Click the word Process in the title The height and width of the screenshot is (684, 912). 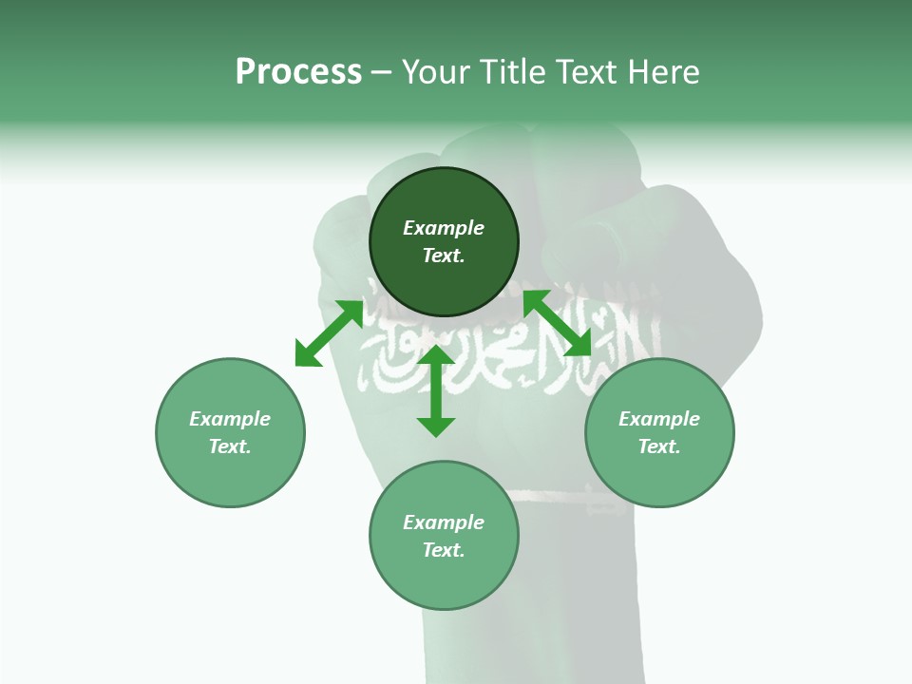[298, 72]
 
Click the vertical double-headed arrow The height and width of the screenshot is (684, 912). [436, 390]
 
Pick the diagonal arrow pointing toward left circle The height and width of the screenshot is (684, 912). [329, 332]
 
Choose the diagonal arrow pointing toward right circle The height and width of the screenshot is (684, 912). [557, 323]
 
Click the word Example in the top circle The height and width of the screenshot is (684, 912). [444, 228]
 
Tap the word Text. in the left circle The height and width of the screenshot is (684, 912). [230, 446]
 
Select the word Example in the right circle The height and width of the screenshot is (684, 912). [659, 419]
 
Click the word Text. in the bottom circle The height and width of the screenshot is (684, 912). [444, 550]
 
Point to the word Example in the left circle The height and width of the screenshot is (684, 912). [230, 419]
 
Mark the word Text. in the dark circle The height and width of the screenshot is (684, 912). [444, 256]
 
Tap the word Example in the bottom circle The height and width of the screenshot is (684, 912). [444, 522]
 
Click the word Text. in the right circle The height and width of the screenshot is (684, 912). [659, 446]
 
